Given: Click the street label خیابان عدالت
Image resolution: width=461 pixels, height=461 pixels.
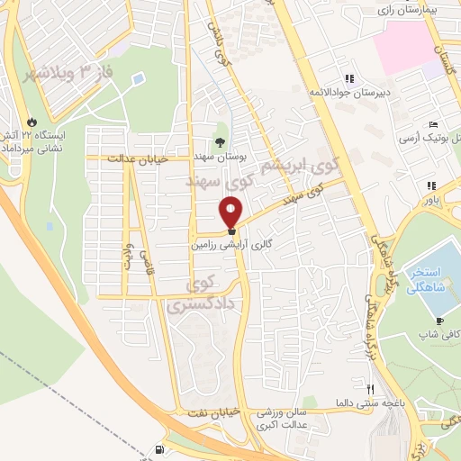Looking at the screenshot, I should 133,159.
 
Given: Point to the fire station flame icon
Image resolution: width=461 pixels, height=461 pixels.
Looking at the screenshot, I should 34,118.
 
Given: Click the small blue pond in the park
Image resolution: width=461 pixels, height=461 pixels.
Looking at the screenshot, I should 137,79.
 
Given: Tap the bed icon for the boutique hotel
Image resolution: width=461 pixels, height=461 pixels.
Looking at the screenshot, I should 433,123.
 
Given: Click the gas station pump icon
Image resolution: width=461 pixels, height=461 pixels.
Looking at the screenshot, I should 160,449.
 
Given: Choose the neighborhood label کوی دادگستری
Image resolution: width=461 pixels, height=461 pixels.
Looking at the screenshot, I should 200,296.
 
